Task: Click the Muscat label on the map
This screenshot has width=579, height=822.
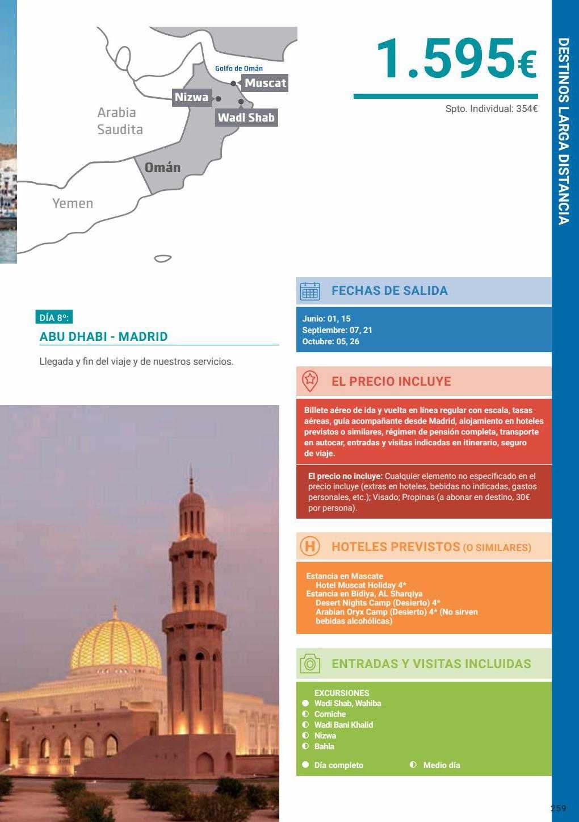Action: pos(265,83)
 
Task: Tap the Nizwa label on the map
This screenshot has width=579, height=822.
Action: pos(191,97)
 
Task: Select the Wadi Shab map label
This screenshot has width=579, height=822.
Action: pos(246,118)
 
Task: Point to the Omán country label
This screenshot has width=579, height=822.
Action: pos(162,168)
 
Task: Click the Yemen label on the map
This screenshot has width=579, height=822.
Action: pos(73,203)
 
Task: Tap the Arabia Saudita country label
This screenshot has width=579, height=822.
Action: pos(120,121)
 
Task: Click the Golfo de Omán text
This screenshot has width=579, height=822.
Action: pos(238,68)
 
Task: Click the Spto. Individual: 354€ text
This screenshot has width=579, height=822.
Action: pos(491,109)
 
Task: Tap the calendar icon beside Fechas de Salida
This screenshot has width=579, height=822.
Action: pos(310,291)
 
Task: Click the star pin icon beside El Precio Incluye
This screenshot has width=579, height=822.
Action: pos(309,381)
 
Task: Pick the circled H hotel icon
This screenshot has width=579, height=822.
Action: pos(310,547)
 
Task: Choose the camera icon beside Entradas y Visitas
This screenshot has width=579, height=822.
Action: pos(310,664)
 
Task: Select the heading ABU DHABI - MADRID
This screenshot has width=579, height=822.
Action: pos(104,336)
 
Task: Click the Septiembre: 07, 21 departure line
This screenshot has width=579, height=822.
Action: pos(337,330)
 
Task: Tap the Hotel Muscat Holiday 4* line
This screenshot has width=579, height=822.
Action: pos(361,585)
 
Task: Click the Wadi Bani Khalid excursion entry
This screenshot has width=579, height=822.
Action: pos(343,725)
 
